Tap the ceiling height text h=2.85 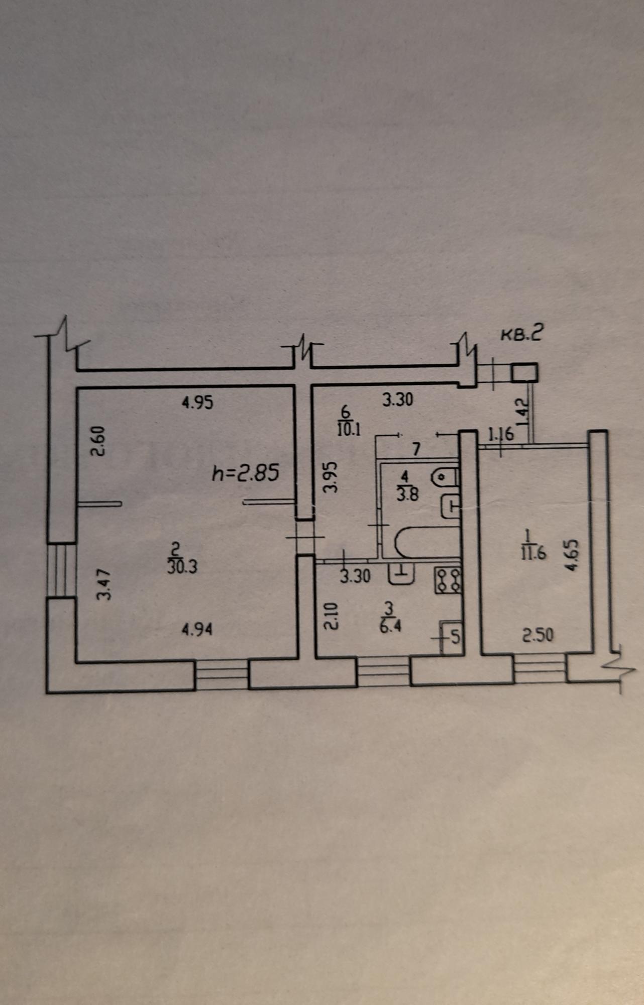coord(246,473)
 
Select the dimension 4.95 coord(197,403)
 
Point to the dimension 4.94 coord(197,629)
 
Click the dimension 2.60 coord(98,441)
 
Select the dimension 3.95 coord(329,477)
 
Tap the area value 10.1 coord(349,430)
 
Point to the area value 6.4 coord(390,626)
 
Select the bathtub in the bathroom coord(427,543)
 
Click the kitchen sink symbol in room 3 coord(401,573)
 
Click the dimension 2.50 coord(538,636)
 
